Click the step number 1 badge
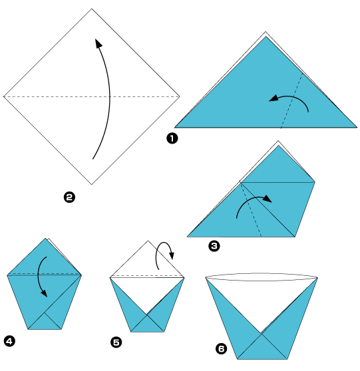(x=172, y=138)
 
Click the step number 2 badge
(x=69, y=197)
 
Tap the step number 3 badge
(x=214, y=246)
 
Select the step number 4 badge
(x=9, y=341)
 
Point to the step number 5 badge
(x=116, y=342)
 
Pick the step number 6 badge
(x=221, y=349)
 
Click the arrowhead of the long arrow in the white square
(x=98, y=43)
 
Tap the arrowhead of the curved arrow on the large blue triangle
(x=273, y=98)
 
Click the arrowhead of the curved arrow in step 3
(x=268, y=199)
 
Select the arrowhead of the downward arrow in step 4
(x=44, y=293)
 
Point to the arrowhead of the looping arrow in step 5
(x=172, y=255)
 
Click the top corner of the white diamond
(x=92, y=9)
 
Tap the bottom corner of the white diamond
(x=92, y=184)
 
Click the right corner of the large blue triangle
(x=357, y=128)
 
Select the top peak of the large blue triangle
(x=266, y=36)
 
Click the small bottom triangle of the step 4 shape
(x=45, y=324)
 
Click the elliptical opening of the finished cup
(x=262, y=277)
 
